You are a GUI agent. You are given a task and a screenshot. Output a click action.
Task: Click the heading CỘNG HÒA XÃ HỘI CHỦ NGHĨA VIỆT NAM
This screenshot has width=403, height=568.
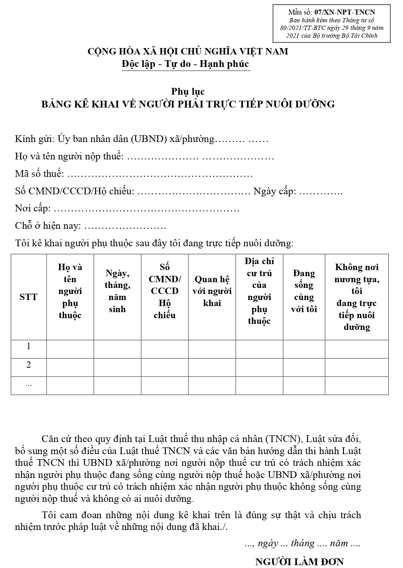pyautogui.click(x=188, y=52)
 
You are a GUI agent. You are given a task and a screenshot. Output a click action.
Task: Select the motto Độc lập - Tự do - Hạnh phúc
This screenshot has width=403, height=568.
pyautogui.click(x=185, y=64)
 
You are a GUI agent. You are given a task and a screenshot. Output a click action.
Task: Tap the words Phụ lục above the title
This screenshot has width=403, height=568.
pyautogui.click(x=188, y=91)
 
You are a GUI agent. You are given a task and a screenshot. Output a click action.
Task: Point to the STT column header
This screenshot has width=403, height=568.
pyautogui.click(x=28, y=297)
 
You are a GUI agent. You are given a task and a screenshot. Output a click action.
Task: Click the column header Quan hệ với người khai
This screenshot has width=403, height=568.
pyautogui.click(x=212, y=291)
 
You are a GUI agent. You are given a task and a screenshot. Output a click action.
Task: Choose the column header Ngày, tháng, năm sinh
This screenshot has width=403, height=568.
pyautogui.click(x=117, y=291)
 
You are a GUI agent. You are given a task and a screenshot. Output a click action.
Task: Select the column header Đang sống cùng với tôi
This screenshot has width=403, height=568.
pyautogui.click(x=304, y=291)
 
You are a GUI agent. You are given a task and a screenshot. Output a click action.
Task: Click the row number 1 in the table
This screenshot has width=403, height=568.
pyautogui.click(x=29, y=346)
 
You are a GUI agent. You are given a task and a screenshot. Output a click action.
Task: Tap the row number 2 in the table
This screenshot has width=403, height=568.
pyautogui.click(x=29, y=364)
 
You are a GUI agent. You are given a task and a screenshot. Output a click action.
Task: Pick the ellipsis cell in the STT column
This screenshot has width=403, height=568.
pyautogui.click(x=29, y=384)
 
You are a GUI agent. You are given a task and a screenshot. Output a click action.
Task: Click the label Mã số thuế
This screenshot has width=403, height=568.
pyautogui.click(x=39, y=174)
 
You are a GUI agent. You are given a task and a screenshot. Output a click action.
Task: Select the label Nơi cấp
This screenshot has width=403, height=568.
pyautogui.click(x=32, y=209)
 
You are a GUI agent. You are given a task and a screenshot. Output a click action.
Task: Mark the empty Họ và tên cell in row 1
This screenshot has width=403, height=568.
pyautogui.click(x=70, y=349)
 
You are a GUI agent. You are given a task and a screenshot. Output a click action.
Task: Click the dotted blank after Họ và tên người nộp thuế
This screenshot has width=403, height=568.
pyautogui.click(x=200, y=157)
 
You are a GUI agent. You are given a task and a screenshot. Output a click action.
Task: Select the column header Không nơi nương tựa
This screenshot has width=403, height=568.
pyautogui.click(x=357, y=297)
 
